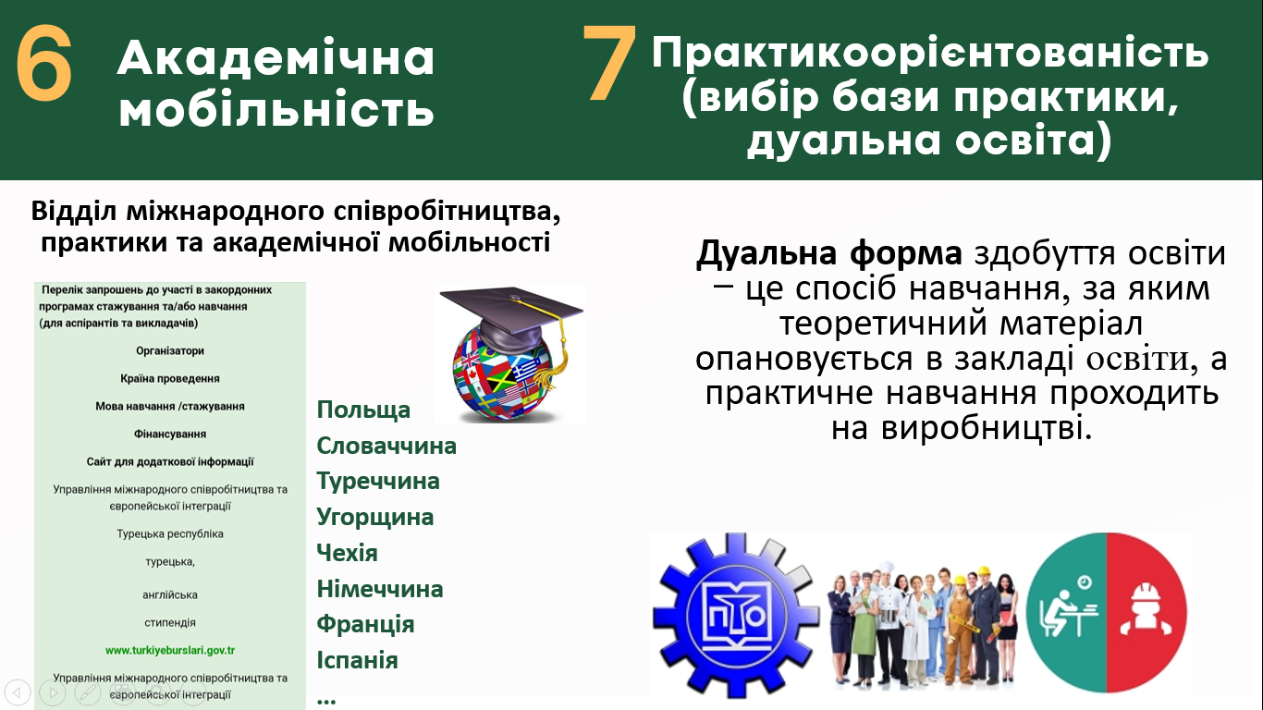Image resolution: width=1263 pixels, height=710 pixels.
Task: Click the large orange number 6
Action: tap(44, 63)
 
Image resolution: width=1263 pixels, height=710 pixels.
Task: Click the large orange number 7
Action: tap(609, 63)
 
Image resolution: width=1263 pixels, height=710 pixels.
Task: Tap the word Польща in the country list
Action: tap(363, 410)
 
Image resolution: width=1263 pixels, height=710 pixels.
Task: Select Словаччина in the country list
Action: tap(386, 446)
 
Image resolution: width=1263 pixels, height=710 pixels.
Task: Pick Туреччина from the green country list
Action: tap(378, 481)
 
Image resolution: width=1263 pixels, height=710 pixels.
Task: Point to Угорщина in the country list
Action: tap(375, 517)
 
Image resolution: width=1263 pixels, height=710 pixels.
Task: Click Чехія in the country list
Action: tap(347, 553)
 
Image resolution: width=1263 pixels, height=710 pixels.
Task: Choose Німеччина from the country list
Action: tap(379, 589)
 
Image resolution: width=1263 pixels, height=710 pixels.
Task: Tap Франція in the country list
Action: tap(365, 624)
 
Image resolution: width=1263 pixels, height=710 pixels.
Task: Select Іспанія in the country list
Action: tap(358, 660)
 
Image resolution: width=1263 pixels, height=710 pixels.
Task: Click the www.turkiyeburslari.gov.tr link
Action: tap(170, 650)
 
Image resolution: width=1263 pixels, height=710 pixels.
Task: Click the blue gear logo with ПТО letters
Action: tap(735, 616)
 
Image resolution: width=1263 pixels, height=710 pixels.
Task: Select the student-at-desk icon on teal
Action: tap(1068, 608)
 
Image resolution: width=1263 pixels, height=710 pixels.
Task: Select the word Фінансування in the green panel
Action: tap(170, 434)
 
